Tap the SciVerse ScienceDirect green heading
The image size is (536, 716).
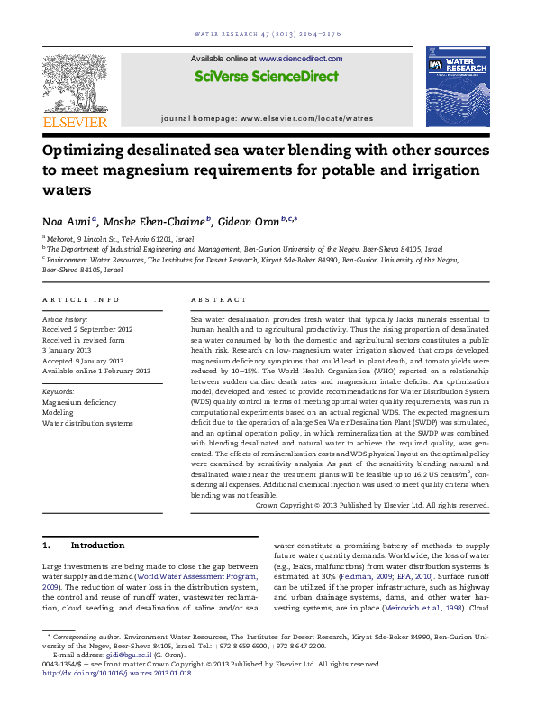coord(267,78)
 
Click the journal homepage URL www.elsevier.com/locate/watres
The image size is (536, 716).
coord(305,118)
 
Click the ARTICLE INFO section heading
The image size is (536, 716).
coord(81,299)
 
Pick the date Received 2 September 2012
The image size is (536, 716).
coord(87,330)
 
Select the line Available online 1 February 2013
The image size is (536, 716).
coord(96,371)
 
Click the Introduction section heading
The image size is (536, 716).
coord(97,546)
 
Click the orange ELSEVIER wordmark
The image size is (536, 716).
coord(75,122)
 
